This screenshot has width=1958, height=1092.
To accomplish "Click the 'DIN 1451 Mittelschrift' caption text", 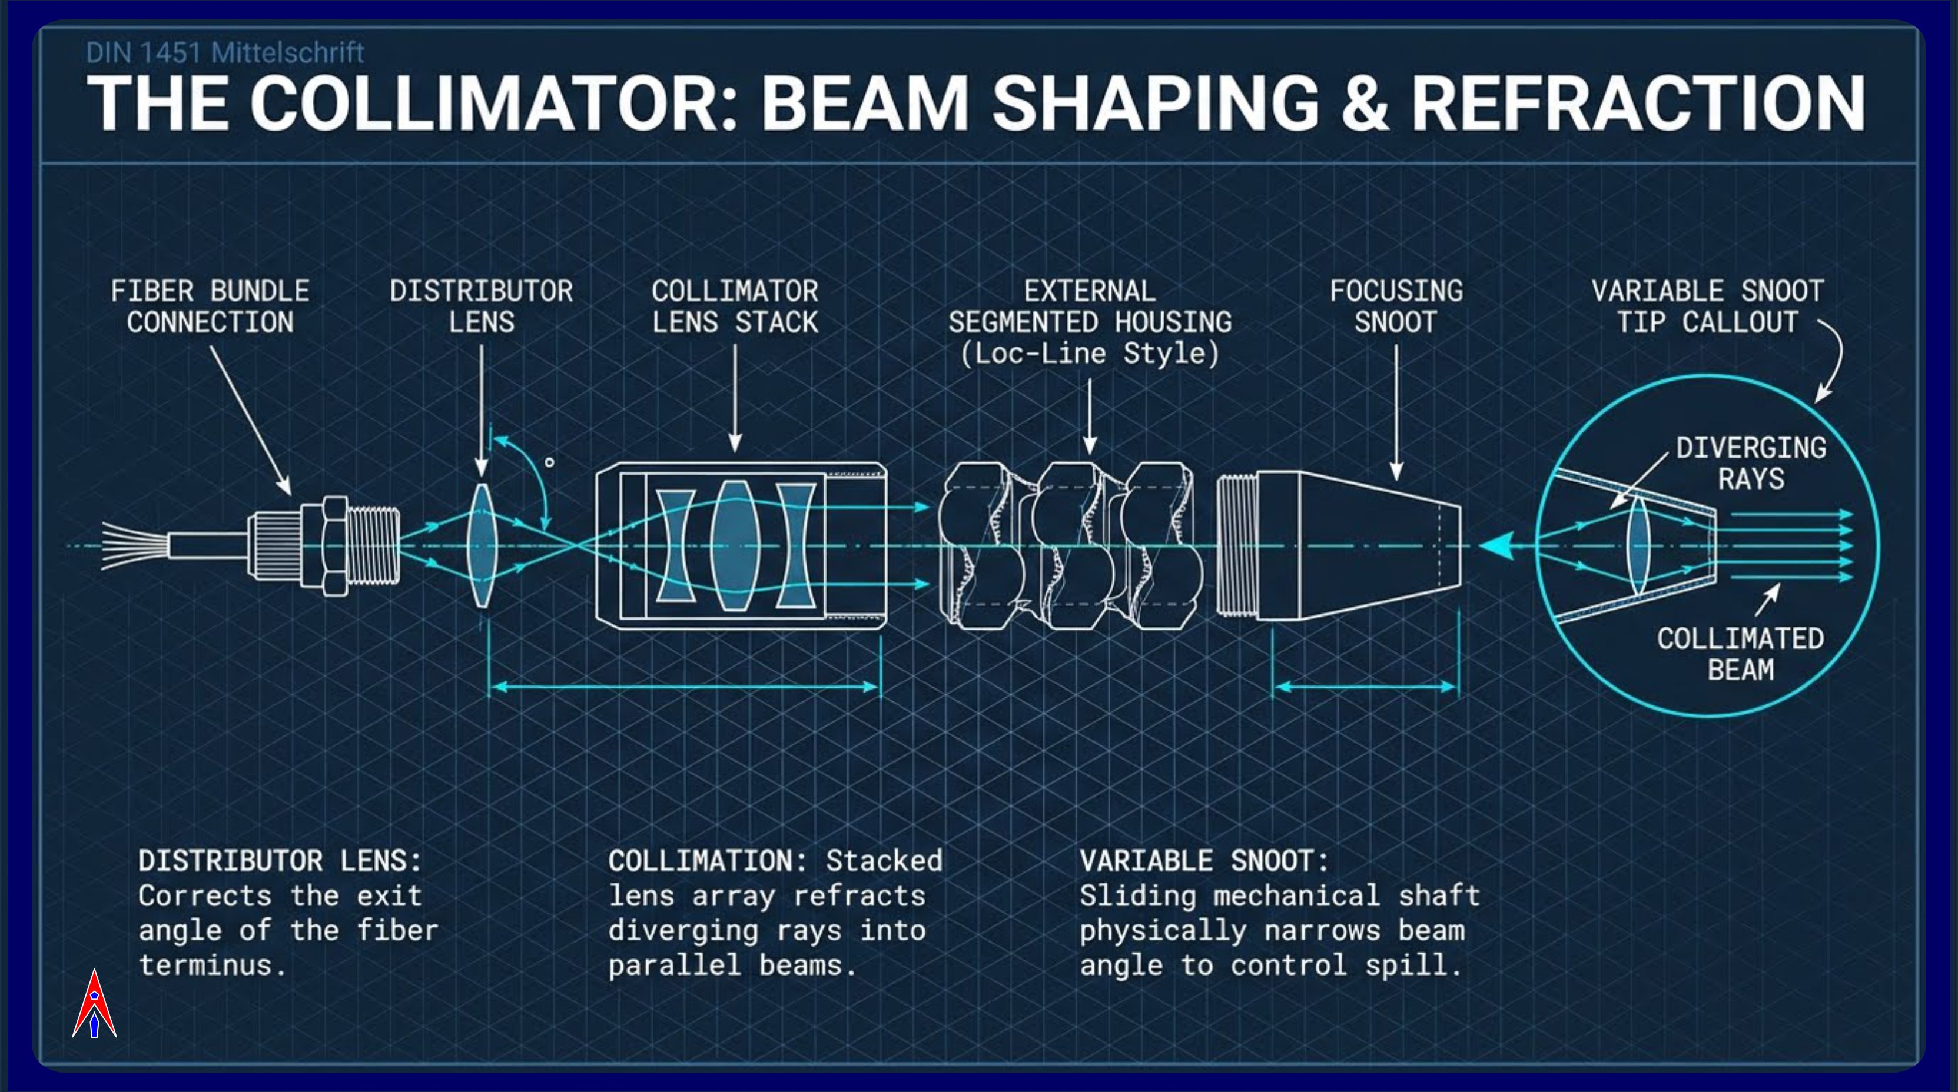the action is [x=225, y=52].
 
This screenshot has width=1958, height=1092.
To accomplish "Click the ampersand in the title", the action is [x=1365, y=104].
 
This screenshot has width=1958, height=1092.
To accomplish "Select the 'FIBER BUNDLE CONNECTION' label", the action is [x=210, y=307].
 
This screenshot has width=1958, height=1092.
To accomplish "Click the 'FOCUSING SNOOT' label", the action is [x=1396, y=307].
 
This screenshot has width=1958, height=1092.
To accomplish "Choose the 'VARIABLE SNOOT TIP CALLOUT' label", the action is [x=1707, y=307].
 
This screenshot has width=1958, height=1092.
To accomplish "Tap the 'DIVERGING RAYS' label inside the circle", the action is [x=1751, y=463].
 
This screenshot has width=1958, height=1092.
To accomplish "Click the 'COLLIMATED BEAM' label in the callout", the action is [x=1741, y=654].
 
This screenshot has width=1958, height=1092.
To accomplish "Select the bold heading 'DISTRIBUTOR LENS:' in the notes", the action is [x=280, y=861].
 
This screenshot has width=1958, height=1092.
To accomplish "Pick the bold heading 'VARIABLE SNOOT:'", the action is [x=1204, y=861].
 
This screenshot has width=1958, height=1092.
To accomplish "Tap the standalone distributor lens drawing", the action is [x=482, y=545].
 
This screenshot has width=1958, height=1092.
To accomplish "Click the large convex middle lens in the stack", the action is [x=734, y=545].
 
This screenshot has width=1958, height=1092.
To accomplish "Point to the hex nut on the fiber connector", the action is [x=335, y=545].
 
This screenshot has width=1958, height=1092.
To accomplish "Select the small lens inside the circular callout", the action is [x=1637, y=545].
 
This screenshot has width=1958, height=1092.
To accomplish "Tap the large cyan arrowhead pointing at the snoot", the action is [x=1496, y=545].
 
